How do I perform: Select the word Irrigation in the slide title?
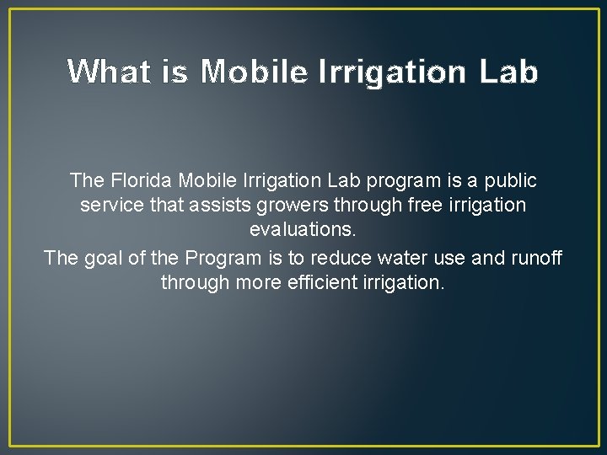pyautogui.click(x=391, y=73)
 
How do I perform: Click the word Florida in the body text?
pyautogui.click(x=137, y=181)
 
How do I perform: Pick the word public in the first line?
pyautogui.click(x=509, y=181)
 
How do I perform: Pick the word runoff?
pyautogui.click(x=535, y=258)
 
